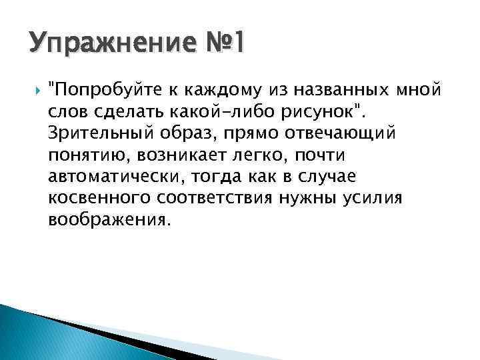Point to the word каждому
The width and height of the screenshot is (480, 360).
[x=214, y=88]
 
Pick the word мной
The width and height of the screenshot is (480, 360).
[x=419, y=88]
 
